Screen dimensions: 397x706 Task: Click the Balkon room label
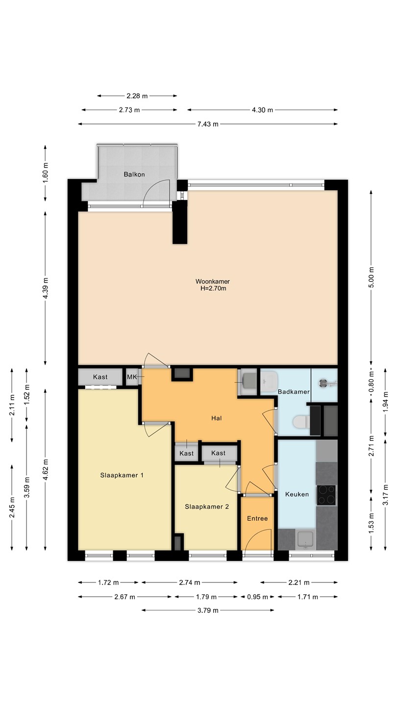pyautogui.click(x=134, y=175)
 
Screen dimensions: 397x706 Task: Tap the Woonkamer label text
pyautogui.click(x=213, y=281)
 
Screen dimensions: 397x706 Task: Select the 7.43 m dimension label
pyautogui.click(x=208, y=124)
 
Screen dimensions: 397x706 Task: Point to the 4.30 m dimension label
pyautogui.click(x=263, y=110)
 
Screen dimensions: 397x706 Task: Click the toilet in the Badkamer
pyautogui.click(x=301, y=422)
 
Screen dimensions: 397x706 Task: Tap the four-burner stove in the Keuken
pyautogui.click(x=326, y=495)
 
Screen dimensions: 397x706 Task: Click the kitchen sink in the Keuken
pyautogui.click(x=305, y=540)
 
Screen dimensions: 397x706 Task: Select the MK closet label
pyautogui.click(x=132, y=377)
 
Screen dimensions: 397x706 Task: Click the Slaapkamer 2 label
pyautogui.click(x=207, y=507)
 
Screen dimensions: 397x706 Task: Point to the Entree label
pyautogui.click(x=257, y=519)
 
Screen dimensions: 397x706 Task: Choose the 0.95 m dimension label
pyautogui.click(x=257, y=597)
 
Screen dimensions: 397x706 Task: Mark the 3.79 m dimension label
pyautogui.click(x=208, y=610)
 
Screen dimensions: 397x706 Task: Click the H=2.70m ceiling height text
pyautogui.click(x=213, y=288)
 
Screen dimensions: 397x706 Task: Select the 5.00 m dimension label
pyautogui.click(x=372, y=277)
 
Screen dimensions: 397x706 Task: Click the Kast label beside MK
pyautogui.click(x=100, y=377)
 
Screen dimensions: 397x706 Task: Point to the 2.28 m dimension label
pyautogui.click(x=137, y=96)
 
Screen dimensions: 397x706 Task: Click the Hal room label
pyautogui.click(x=217, y=418)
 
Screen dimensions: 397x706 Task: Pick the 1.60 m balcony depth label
pyautogui.click(x=46, y=173)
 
